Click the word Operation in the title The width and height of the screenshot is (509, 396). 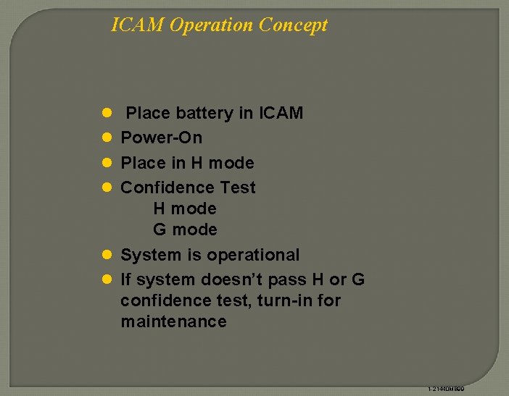click(211, 25)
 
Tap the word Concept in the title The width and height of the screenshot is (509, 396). click(293, 25)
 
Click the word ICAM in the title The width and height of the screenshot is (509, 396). click(138, 25)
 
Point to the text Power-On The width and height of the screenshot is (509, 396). click(161, 138)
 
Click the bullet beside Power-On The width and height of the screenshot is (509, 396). click(106, 138)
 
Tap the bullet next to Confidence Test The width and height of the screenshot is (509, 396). click(106, 188)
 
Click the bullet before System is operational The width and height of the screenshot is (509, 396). click(106, 255)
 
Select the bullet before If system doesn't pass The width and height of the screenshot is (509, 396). click(106, 279)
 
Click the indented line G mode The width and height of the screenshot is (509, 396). click(185, 230)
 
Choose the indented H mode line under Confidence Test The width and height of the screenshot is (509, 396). click(185, 209)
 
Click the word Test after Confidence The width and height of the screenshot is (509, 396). click(238, 188)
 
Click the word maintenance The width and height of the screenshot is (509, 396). click(173, 321)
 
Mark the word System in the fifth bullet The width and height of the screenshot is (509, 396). click(148, 256)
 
